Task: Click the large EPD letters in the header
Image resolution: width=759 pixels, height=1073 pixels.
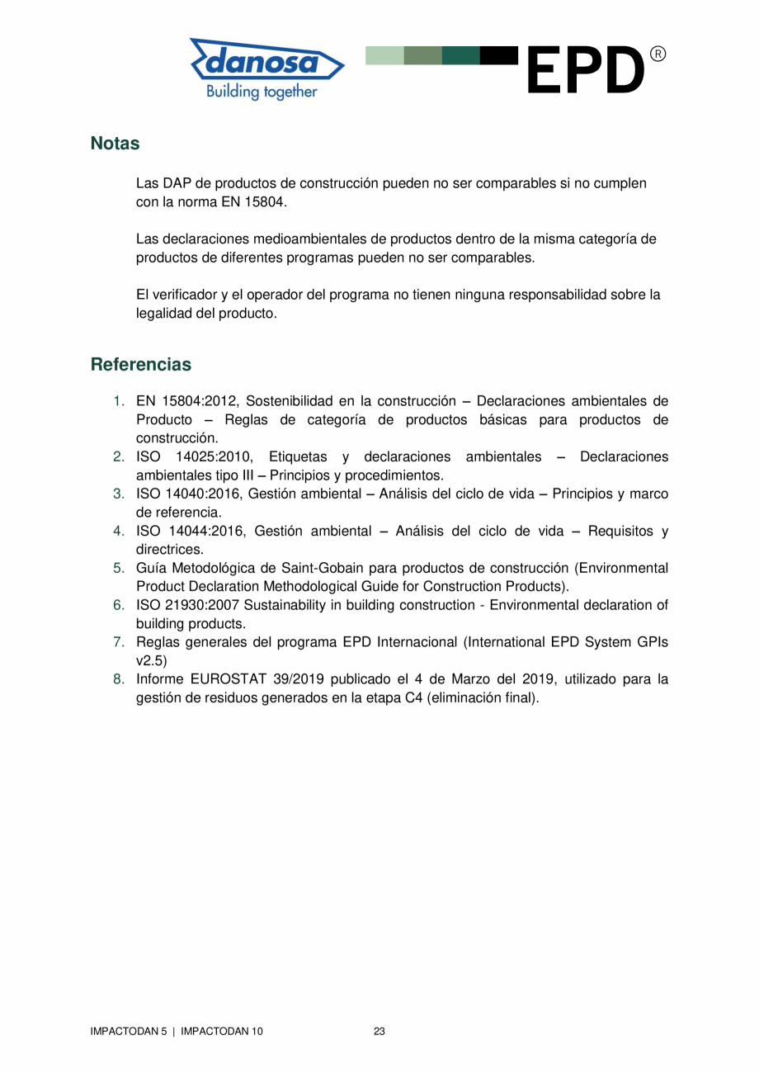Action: pyautogui.click(x=583, y=72)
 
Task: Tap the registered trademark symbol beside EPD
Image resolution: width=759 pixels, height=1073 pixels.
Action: pyautogui.click(x=658, y=54)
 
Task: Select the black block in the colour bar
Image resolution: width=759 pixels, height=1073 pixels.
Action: pyautogui.click(x=499, y=55)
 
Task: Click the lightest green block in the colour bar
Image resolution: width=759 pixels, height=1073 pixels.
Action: pyautogui.click(x=384, y=55)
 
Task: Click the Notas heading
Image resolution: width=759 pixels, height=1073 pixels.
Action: pyautogui.click(x=115, y=143)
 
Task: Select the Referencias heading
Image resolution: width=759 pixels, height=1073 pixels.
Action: pyautogui.click(x=140, y=364)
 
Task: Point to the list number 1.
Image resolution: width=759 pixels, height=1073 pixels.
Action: pyautogui.click(x=119, y=401)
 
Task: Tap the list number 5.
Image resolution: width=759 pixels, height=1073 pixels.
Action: pyautogui.click(x=119, y=568)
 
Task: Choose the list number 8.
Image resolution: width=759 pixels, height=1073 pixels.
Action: pyautogui.click(x=119, y=679)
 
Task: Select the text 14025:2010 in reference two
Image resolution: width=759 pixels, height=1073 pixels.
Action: pyautogui.click(x=214, y=456)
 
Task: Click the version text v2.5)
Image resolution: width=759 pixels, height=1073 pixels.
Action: pyautogui.click(x=152, y=660)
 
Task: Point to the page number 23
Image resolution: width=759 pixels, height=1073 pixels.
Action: pyautogui.click(x=379, y=1032)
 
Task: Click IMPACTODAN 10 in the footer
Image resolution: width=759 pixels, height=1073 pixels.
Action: pyautogui.click(x=222, y=1032)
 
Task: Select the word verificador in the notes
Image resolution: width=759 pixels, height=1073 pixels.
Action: pyautogui.click(x=183, y=295)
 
